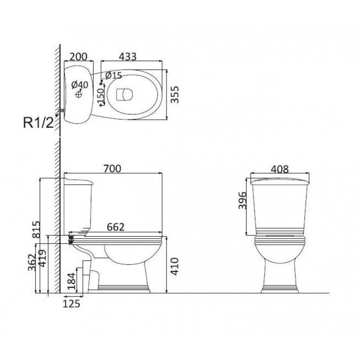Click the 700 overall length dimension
point(112,168)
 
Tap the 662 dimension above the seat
point(116,227)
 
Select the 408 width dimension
point(279,169)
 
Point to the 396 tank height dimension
point(242,201)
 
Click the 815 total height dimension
point(36,229)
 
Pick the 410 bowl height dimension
point(175,266)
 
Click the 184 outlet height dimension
point(72,280)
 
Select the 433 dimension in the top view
point(128,57)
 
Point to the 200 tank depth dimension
point(78,57)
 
